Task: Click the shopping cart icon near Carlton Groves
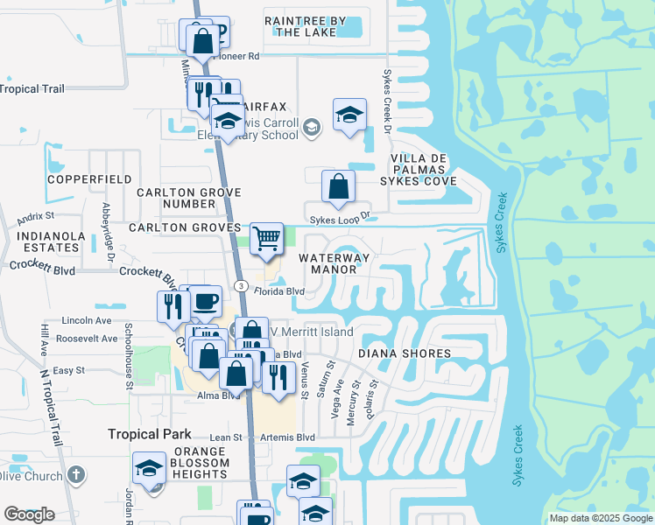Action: click(266, 238)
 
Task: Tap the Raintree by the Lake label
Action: click(305, 26)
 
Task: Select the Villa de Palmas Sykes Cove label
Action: click(419, 169)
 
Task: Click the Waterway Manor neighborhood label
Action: click(334, 263)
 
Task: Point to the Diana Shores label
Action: click(404, 353)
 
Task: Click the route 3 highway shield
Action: click(239, 285)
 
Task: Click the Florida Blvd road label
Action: click(279, 291)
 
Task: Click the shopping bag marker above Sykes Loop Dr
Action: click(338, 186)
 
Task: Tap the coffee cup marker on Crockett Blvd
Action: click(205, 302)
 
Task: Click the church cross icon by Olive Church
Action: click(76, 475)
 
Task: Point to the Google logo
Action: click(29, 514)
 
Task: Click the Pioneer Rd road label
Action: click(240, 55)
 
